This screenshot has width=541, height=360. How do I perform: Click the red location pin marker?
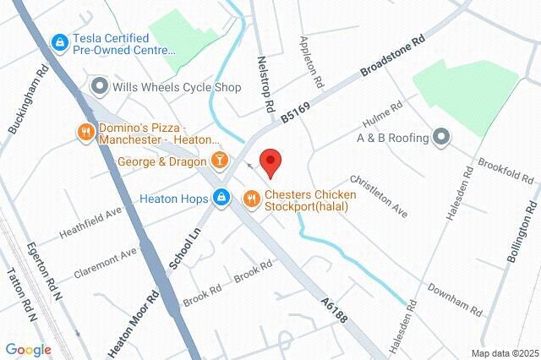[270, 161]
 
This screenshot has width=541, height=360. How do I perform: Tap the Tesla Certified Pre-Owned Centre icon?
[59, 41]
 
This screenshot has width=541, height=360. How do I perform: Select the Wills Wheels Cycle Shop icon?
[100, 86]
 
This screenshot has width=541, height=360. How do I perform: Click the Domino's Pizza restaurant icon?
[85, 132]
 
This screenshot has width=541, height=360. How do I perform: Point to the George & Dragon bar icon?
[220, 159]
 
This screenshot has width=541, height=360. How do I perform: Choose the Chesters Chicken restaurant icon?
[251, 199]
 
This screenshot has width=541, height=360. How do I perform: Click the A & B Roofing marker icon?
[440, 137]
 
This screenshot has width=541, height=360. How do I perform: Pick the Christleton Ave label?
[379, 197]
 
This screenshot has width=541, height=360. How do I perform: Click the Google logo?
[28, 349]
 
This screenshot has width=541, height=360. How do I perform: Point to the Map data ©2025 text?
[504, 353]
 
